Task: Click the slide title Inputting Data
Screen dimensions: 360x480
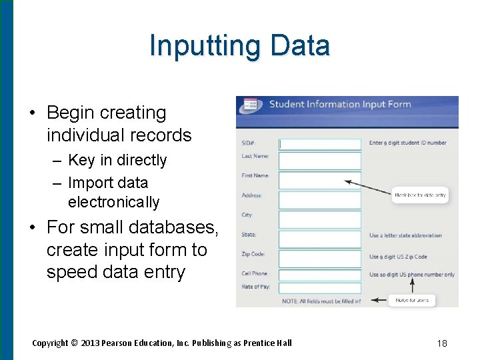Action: point(239,46)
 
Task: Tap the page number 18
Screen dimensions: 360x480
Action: point(441,343)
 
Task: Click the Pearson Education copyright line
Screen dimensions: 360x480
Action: point(162,343)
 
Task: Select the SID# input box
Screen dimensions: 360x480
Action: point(319,143)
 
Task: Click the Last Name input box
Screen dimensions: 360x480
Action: point(319,161)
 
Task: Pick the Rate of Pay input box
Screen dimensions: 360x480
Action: point(319,288)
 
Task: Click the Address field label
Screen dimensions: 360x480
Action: point(252,195)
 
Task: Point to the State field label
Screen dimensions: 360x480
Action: point(249,235)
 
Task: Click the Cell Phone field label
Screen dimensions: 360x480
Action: point(255,273)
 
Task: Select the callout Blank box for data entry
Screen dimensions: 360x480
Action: point(420,195)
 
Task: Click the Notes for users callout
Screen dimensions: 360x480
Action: point(412,301)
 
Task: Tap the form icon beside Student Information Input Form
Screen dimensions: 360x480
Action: point(251,104)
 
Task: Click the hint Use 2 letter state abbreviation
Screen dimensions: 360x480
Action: point(405,235)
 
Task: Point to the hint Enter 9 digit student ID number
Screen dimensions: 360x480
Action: point(407,143)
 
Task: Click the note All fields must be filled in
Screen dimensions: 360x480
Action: point(321,301)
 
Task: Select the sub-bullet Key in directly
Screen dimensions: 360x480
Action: point(117,160)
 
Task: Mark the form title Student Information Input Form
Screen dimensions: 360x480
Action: point(339,104)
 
